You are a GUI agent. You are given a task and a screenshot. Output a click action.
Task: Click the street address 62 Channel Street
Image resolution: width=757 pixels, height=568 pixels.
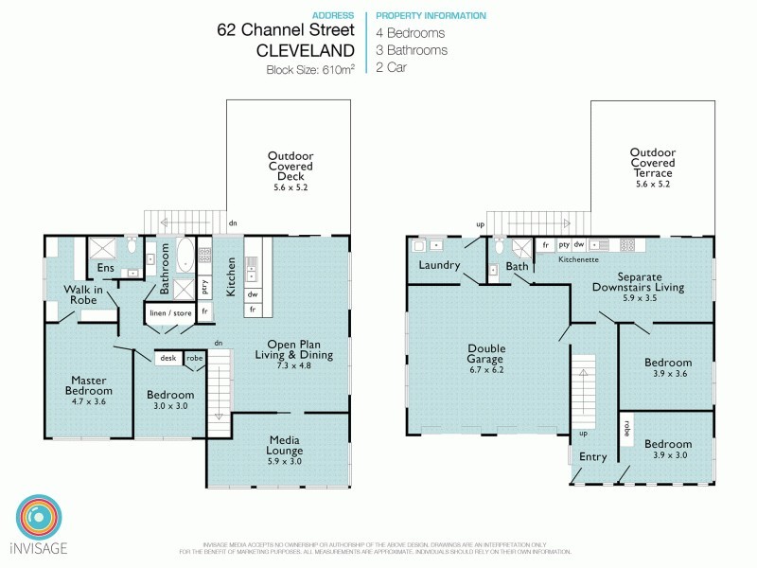pyautogui.click(x=285, y=31)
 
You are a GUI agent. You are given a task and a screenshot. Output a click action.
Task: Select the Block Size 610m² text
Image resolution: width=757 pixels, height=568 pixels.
pyautogui.click(x=311, y=69)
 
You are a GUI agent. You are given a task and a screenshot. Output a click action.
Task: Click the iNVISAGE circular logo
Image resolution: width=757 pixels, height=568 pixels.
pyautogui.click(x=41, y=517)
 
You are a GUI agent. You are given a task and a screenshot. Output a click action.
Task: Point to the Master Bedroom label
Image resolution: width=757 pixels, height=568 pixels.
pyautogui.click(x=90, y=385)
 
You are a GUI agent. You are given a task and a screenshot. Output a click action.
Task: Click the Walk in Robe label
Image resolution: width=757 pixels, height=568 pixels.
pyautogui.click(x=83, y=293)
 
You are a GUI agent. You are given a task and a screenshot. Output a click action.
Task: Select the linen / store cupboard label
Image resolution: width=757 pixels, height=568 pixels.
pyautogui.click(x=169, y=311)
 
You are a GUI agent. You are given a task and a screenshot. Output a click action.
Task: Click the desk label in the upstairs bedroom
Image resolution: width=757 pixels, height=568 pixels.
pyautogui.click(x=168, y=359)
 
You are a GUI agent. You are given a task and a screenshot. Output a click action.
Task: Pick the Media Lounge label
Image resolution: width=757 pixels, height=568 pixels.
pyautogui.click(x=285, y=446)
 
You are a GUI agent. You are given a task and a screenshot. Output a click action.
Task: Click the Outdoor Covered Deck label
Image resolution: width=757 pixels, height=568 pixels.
pyautogui.click(x=290, y=167)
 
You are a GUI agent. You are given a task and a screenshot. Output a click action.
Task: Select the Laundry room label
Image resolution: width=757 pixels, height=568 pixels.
pyautogui.click(x=439, y=265)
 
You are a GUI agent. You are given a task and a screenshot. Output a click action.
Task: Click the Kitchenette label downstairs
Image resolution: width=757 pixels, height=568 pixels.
pyautogui.click(x=580, y=258)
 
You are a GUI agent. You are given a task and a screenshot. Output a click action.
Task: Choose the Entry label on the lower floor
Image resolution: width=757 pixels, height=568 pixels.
pyautogui.click(x=593, y=457)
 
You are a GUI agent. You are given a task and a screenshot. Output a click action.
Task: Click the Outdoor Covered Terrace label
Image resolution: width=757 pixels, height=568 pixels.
pyautogui.click(x=654, y=162)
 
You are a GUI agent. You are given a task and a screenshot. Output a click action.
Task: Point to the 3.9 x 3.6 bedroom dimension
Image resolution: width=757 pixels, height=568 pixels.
pyautogui.click(x=668, y=374)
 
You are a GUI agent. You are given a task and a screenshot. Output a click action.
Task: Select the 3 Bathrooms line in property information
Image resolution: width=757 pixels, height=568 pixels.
pyautogui.click(x=412, y=50)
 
